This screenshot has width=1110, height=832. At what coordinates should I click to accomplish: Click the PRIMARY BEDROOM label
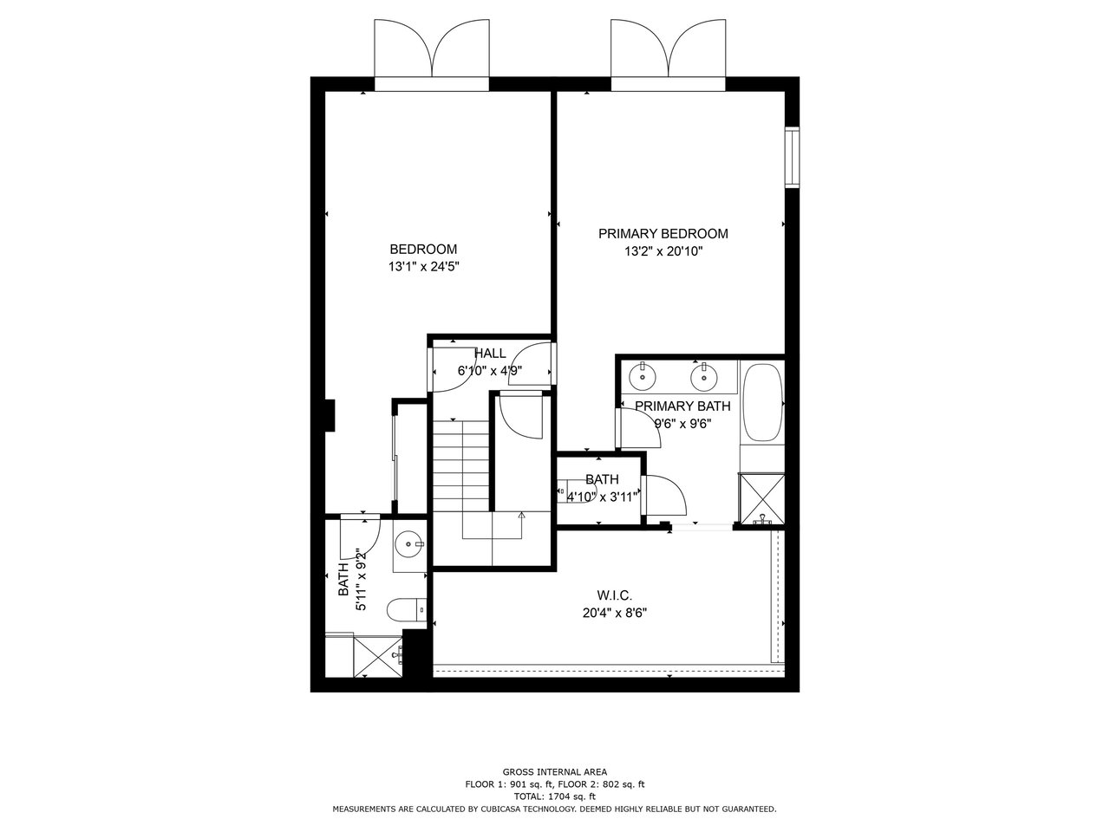click(x=663, y=234)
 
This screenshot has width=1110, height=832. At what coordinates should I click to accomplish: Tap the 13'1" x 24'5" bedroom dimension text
click(x=423, y=266)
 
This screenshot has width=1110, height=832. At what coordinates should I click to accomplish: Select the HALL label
click(x=490, y=353)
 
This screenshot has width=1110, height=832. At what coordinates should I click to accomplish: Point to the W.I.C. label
click(x=615, y=595)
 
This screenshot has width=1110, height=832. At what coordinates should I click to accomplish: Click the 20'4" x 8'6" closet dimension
click(x=615, y=613)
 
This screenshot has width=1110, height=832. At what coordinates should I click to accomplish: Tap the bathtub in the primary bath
click(x=762, y=402)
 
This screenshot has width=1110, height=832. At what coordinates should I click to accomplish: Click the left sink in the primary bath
click(x=643, y=377)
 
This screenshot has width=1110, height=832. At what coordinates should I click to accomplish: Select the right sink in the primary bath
click(x=705, y=377)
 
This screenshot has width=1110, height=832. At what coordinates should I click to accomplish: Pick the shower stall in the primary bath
click(x=761, y=499)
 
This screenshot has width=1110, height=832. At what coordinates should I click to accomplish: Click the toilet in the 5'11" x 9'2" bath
click(x=407, y=610)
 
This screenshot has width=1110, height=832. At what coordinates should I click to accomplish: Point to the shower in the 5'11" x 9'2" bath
click(x=377, y=657)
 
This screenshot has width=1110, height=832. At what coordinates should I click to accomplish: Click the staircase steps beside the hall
click(x=460, y=465)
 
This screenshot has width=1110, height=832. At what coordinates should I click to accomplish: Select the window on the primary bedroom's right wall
click(x=792, y=158)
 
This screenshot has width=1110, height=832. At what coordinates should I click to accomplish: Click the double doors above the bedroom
click(x=432, y=55)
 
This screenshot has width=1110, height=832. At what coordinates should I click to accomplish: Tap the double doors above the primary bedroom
click(x=668, y=55)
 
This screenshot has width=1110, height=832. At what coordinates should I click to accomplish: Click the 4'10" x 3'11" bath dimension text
click(x=601, y=497)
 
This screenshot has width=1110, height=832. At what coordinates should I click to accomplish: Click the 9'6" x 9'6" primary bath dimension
click(x=682, y=423)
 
